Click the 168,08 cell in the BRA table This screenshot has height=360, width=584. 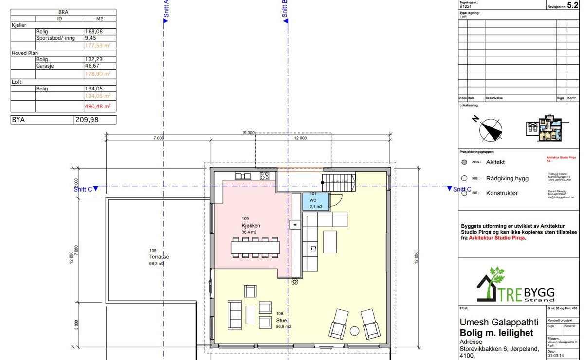coord(94,31)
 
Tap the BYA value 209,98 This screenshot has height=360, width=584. coord(86,120)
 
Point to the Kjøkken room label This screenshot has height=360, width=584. coord(251,226)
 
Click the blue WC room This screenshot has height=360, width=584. coord(316,201)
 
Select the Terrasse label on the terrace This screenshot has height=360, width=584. coord(159,257)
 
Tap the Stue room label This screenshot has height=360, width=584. coord(282,321)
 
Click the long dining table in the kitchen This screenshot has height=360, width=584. coord(255,247)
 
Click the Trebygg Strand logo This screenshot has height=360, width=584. coord(516,286)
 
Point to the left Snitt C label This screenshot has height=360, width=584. coord(83,189)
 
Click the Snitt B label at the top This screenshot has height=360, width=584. coord(285,9)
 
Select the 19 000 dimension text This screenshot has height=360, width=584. coord(248,133)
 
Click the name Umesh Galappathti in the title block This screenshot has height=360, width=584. coord(499,323)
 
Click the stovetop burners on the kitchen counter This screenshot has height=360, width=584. coord(265,176)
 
